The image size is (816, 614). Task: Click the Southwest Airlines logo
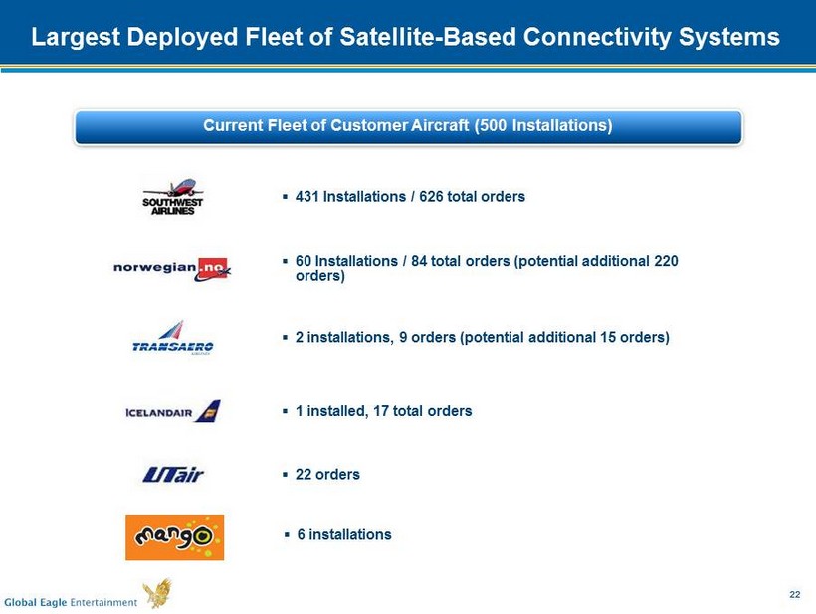(x=173, y=197)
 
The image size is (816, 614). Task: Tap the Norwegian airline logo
(x=172, y=269)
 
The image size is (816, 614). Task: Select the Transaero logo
(x=173, y=337)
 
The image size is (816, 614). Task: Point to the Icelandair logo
(x=173, y=411)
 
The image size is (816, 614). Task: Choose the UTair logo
(x=173, y=475)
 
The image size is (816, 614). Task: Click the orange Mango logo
(x=175, y=538)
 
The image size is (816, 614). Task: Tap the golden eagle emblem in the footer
(x=158, y=593)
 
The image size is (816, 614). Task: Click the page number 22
(x=795, y=595)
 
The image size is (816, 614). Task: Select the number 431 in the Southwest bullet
(x=307, y=197)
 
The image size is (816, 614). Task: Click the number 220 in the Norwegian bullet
(x=666, y=261)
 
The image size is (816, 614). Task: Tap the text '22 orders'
(x=327, y=475)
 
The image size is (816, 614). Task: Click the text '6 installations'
(x=344, y=535)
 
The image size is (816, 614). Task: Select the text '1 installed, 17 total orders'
(x=383, y=411)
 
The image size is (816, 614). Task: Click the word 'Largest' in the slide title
(x=76, y=38)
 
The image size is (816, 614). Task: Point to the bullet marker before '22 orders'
(x=285, y=475)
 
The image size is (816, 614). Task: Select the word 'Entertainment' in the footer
(x=103, y=602)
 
